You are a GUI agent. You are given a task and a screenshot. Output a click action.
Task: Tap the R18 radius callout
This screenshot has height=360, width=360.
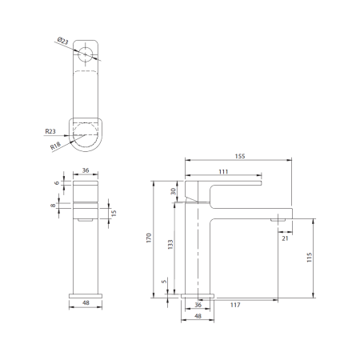[56, 146]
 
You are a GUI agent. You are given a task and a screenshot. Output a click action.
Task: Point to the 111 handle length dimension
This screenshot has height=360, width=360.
[223, 173]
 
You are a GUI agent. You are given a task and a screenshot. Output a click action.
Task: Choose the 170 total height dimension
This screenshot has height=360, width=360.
[149, 238]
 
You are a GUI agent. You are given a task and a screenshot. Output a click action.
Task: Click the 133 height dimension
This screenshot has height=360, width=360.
[169, 245]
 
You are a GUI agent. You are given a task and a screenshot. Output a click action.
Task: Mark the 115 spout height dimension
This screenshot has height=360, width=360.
[309, 257]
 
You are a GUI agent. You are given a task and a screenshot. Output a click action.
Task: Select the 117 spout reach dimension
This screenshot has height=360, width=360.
[235, 305]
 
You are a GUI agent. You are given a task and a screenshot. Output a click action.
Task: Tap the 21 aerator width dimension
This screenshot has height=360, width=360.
[285, 237]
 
